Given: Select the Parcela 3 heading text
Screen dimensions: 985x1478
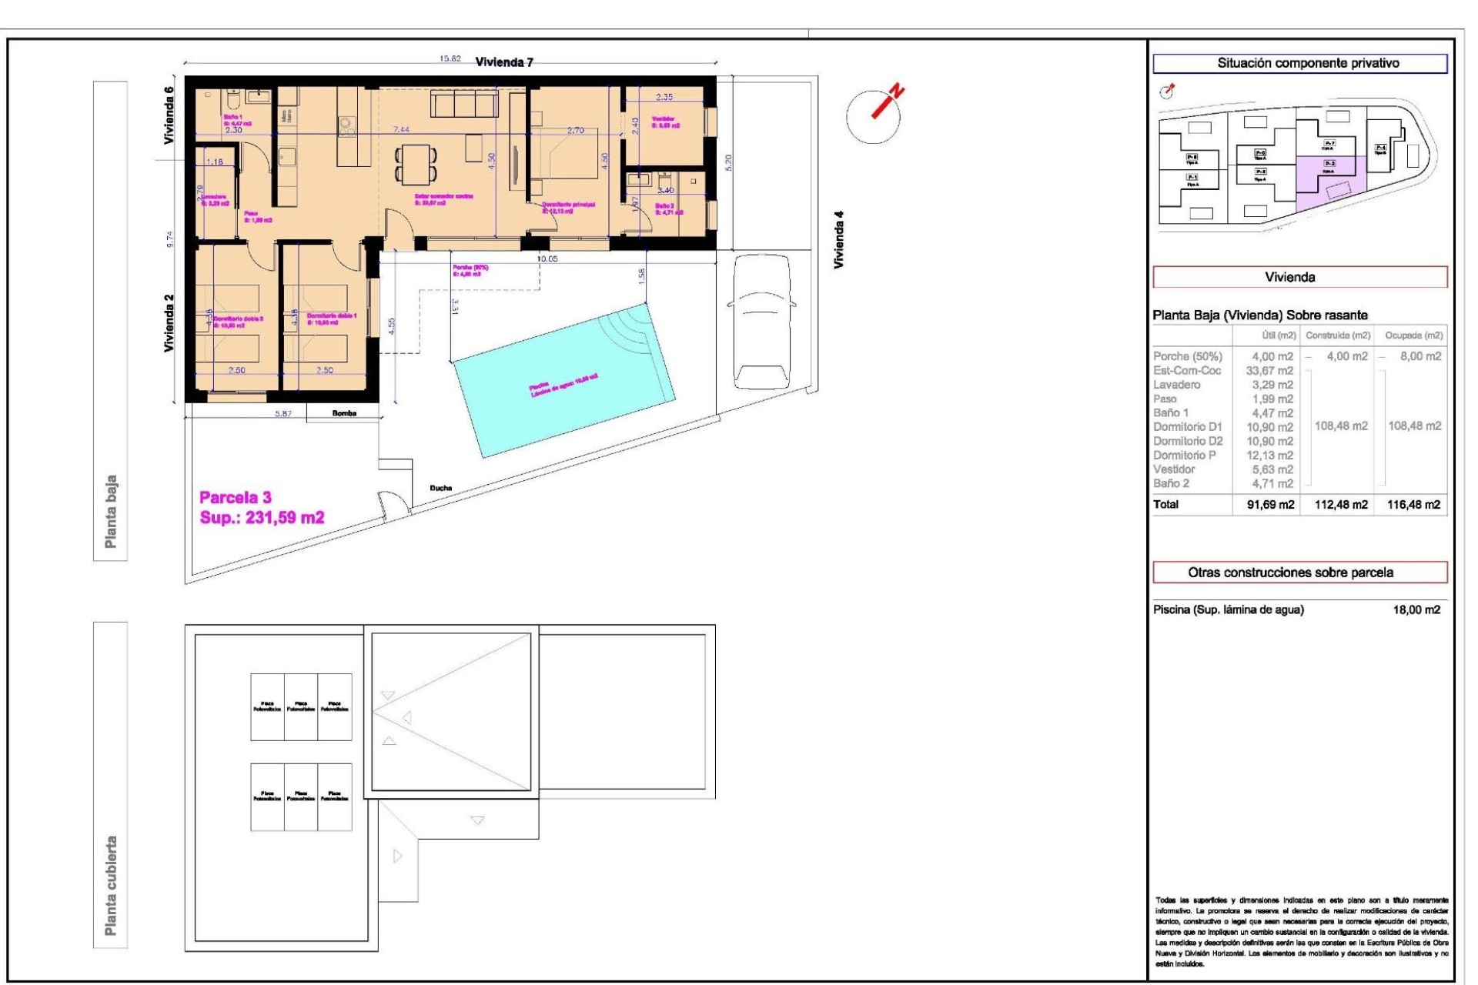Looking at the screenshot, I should click(x=236, y=497).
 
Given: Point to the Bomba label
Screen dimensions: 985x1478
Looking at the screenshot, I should click(x=344, y=413).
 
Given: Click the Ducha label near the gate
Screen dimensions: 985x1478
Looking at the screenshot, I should click(x=440, y=488).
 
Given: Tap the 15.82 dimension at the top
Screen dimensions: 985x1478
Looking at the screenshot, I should click(x=450, y=58).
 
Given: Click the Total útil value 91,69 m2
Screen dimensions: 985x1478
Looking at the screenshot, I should click(x=1270, y=505).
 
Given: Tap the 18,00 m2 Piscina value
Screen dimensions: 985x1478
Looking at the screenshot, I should click(x=1416, y=609).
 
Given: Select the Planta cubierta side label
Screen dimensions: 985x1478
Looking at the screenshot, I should click(x=111, y=885).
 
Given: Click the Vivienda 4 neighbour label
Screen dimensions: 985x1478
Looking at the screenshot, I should click(x=839, y=239).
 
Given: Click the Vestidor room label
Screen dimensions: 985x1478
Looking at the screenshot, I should click(x=664, y=119).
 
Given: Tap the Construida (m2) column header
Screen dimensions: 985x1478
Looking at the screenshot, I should click(x=1338, y=336).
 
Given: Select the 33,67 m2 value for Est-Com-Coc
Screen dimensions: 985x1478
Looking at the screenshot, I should click(x=1270, y=370).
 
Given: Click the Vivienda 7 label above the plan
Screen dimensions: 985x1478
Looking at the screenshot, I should click(x=504, y=62).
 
